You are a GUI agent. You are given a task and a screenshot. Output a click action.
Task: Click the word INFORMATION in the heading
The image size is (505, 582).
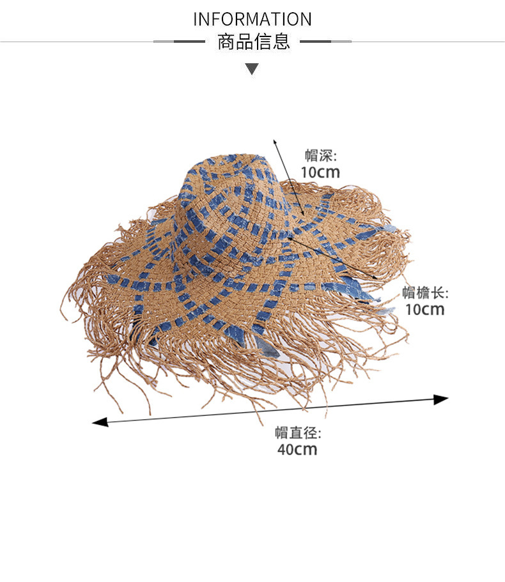pyautogui.click(x=252, y=19)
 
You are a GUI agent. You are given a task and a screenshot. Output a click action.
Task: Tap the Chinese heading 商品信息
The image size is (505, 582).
pyautogui.click(x=254, y=42)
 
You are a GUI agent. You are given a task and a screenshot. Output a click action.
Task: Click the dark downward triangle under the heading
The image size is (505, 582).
pyautogui.click(x=252, y=69)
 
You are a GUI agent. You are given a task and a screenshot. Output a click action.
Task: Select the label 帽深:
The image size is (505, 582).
pyautogui.click(x=320, y=155)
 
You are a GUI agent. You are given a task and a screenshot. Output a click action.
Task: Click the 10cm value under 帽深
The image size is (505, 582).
pyautogui.click(x=320, y=172)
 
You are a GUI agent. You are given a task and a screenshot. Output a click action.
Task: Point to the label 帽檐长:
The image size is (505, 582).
pyautogui.click(x=425, y=293)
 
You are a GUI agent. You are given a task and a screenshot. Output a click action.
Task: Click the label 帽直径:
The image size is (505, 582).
pyautogui.click(x=298, y=433)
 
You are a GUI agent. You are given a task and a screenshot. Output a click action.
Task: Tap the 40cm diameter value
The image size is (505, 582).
pyautogui.click(x=297, y=449)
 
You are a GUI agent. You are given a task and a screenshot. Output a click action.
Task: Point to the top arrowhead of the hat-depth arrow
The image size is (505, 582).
pyautogui.click(x=275, y=141)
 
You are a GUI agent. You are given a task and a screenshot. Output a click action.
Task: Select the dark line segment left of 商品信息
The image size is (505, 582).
pyautogui.click(x=189, y=42)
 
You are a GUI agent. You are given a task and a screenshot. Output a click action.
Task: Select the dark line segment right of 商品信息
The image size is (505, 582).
pyautogui.click(x=316, y=42)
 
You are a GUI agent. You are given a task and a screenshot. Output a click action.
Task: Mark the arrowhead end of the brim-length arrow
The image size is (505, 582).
pyautogui.click(x=376, y=275)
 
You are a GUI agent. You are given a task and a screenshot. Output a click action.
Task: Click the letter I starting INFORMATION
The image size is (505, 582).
pyautogui.click(x=196, y=19)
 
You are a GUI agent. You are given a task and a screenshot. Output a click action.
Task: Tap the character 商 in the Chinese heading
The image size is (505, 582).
pyautogui.click(x=226, y=42)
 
